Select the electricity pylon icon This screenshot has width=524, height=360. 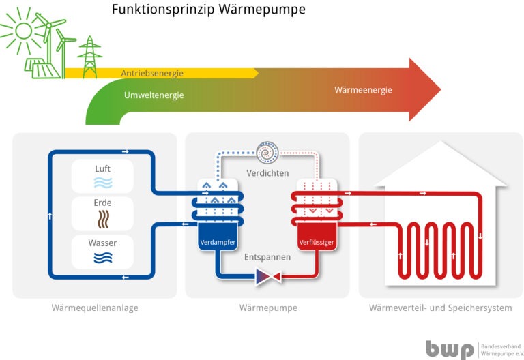(x=89, y=56)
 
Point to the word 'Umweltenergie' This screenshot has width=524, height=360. (x=154, y=95)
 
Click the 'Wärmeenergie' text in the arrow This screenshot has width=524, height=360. (x=363, y=91)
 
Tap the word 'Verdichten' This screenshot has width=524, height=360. (x=267, y=173)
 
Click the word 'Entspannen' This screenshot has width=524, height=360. (x=267, y=258)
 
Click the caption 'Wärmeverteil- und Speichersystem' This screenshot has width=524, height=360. (x=440, y=308)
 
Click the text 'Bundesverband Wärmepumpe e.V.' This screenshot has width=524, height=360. (x=499, y=348)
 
